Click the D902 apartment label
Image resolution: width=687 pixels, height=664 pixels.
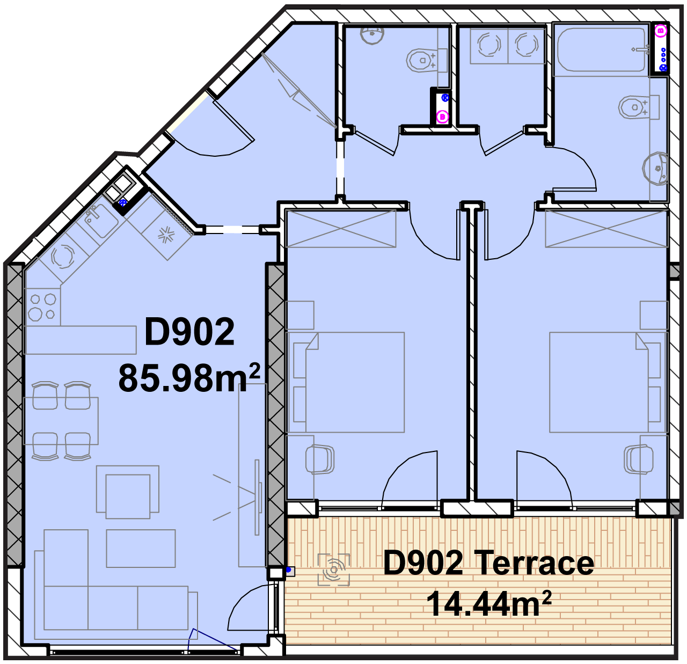point(189,331)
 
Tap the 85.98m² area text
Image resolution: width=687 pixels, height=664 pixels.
point(189,377)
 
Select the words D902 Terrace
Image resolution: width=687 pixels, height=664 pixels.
point(488,563)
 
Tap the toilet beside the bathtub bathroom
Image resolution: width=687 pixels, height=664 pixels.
point(639,107)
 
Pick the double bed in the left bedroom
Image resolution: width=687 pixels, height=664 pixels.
point(346,382)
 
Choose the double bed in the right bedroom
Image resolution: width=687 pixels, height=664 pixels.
point(608,382)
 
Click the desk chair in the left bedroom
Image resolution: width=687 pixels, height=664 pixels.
point(319,459)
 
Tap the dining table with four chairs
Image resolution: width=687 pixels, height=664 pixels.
point(61,420)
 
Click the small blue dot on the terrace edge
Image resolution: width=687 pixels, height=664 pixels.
point(288,570)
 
